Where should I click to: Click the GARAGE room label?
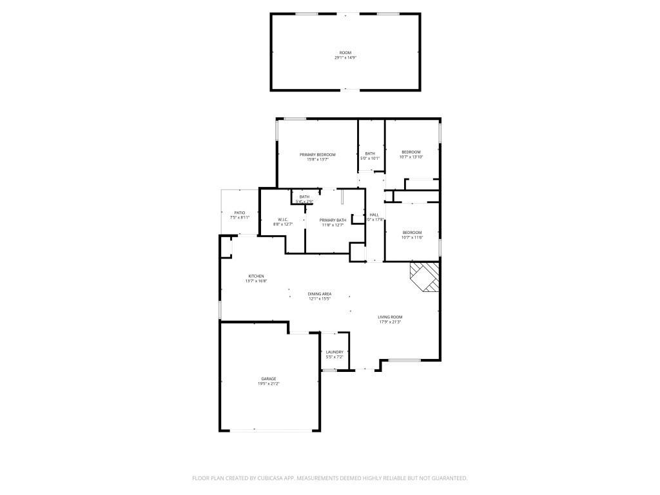click(x=269, y=378)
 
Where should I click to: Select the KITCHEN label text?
click(x=256, y=276)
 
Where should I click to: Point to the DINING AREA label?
click(x=319, y=294)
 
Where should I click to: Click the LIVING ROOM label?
click(x=390, y=316)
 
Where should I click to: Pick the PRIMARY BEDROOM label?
click(x=318, y=155)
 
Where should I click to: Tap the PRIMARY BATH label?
click(x=333, y=220)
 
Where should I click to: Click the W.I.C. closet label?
click(x=283, y=219)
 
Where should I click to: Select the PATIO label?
click(x=240, y=213)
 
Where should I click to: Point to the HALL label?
click(x=374, y=215)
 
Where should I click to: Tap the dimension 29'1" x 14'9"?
click(x=345, y=57)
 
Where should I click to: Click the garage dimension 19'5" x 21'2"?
click(x=269, y=383)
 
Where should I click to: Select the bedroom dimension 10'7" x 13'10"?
click(x=411, y=157)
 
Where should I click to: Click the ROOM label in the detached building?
click(x=345, y=52)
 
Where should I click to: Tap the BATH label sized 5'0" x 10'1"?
click(x=370, y=153)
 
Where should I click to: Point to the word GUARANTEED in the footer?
click(x=447, y=478)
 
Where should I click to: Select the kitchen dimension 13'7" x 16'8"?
click(x=256, y=281)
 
